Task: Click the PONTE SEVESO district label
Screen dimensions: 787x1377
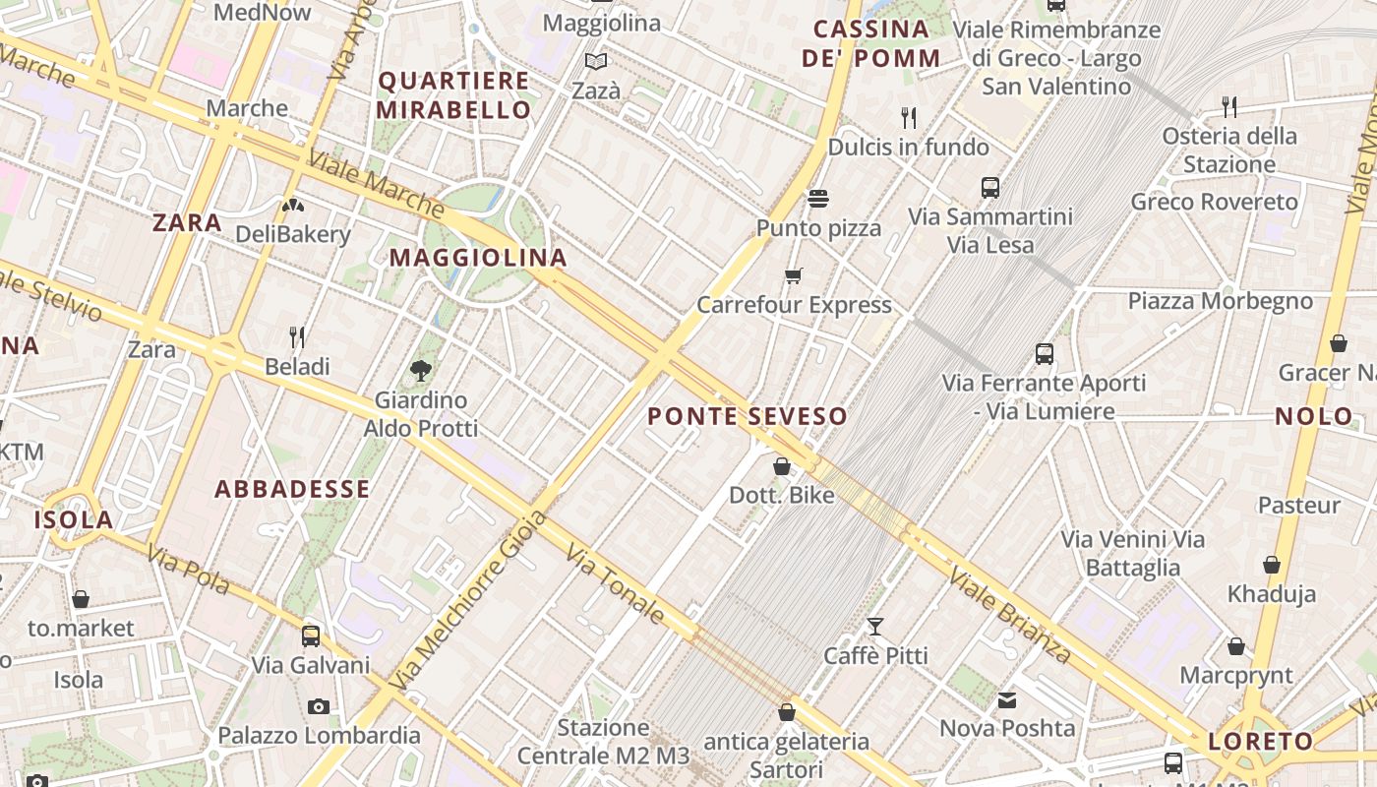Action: [x=748, y=416]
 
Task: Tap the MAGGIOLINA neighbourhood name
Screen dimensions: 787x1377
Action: [x=478, y=258]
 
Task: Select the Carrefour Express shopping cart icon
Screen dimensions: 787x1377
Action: [x=794, y=275]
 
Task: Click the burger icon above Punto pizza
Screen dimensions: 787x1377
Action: [x=817, y=199]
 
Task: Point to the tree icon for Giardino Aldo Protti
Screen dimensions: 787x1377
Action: [x=421, y=371]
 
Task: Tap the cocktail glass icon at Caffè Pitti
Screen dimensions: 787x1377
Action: [x=875, y=626]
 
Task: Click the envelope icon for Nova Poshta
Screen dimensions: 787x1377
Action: [x=1007, y=699]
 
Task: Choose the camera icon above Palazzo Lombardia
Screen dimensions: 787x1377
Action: [x=318, y=706]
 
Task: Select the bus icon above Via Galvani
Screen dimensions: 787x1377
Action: [x=311, y=636]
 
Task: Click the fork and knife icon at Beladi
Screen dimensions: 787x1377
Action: [x=297, y=337]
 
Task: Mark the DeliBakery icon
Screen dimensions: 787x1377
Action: [x=292, y=205]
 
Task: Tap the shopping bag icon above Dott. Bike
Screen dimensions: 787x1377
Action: [x=782, y=465]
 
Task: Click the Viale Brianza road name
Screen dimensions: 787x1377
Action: [x=1010, y=615]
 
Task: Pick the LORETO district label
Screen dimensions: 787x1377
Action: [x=1261, y=742]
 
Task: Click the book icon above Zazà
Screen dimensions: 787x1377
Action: [x=596, y=61]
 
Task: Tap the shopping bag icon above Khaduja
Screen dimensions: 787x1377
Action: [x=1271, y=565]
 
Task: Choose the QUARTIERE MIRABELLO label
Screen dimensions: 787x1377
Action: [x=454, y=95]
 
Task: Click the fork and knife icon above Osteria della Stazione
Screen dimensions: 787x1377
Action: [x=1228, y=105]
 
